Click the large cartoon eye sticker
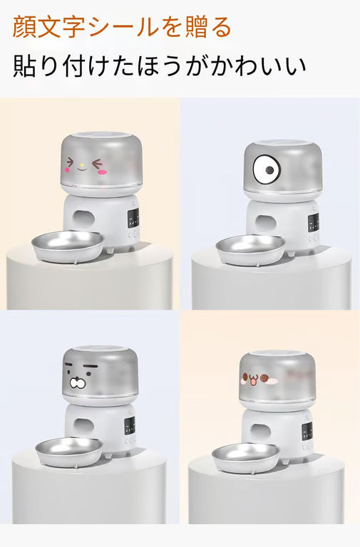point(267,170)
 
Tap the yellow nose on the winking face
point(82,165)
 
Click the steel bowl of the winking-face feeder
point(68,246)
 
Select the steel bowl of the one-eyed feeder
point(250,249)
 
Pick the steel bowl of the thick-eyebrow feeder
point(69,451)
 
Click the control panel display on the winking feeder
point(133,219)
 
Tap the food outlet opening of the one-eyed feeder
point(265,224)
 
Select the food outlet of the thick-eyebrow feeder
point(84,427)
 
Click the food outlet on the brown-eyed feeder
point(260,432)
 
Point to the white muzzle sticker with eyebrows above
point(78,382)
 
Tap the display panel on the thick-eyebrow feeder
point(130,426)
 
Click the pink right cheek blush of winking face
point(103,172)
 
